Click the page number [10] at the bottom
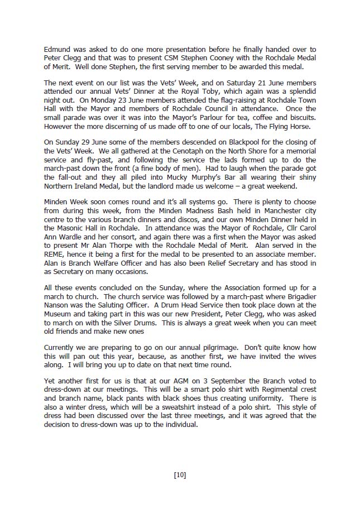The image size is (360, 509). [180, 476]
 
